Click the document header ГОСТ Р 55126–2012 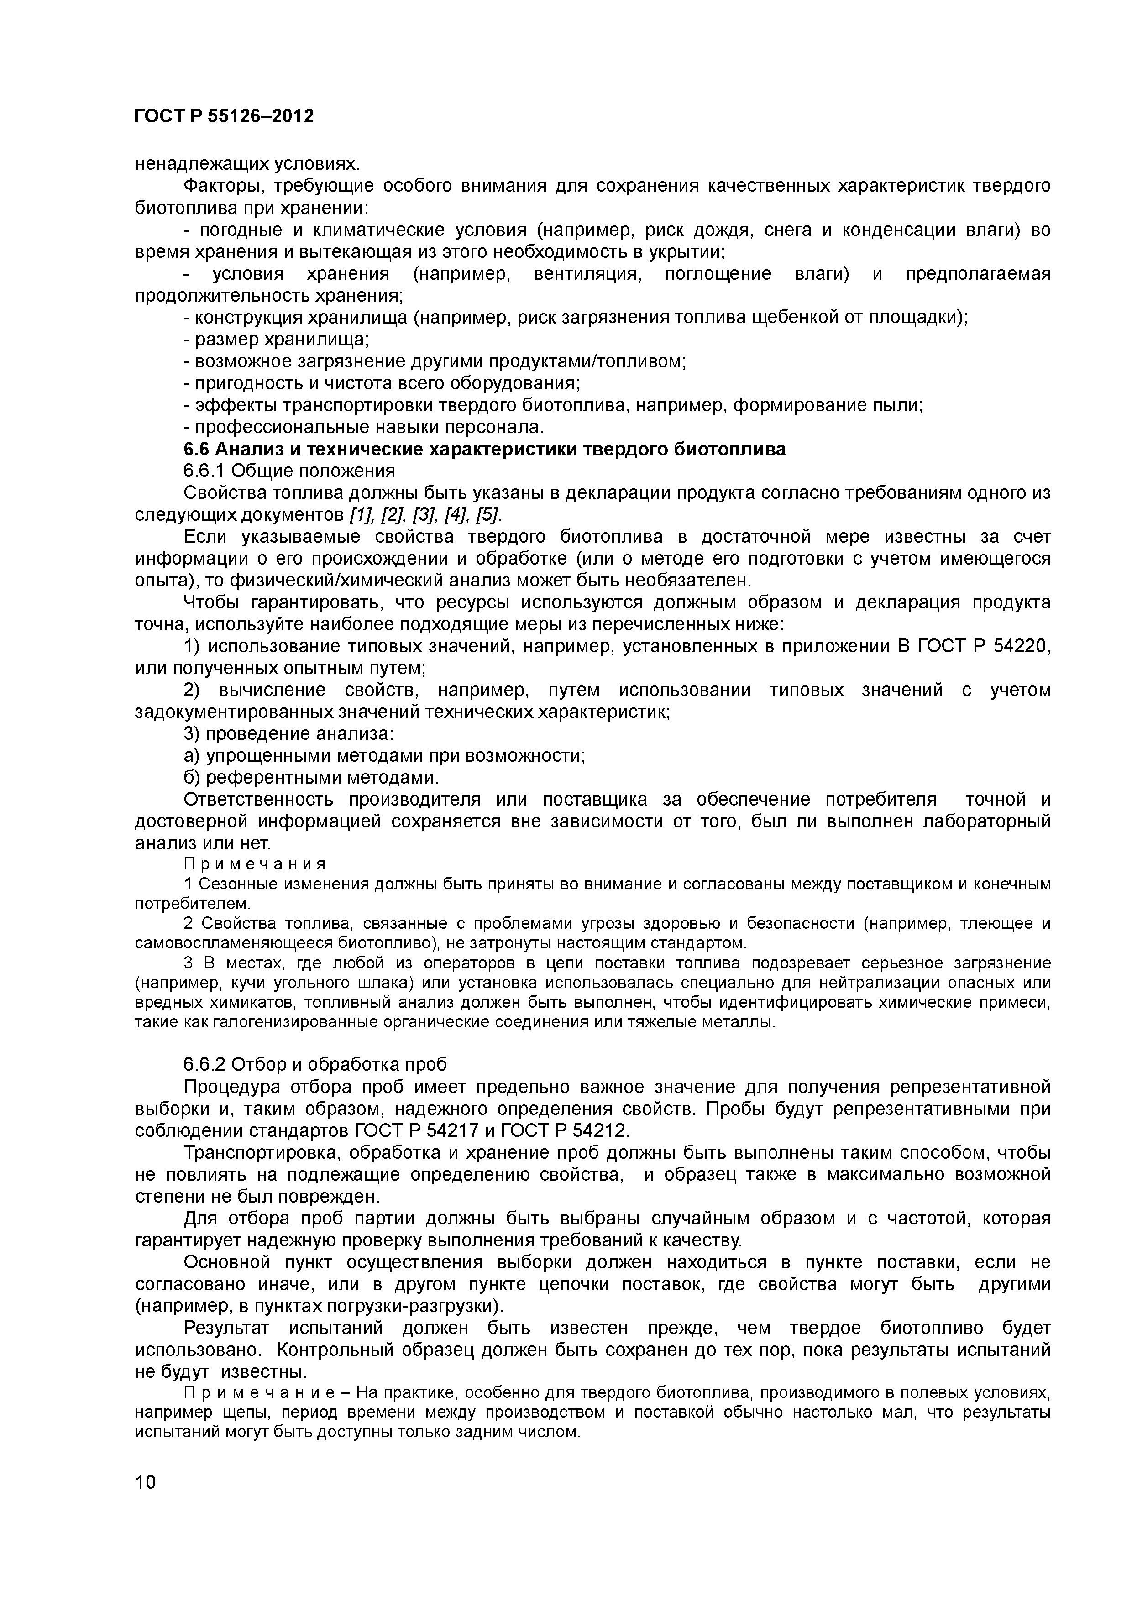point(223,116)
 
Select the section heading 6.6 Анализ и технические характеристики point(484,449)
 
